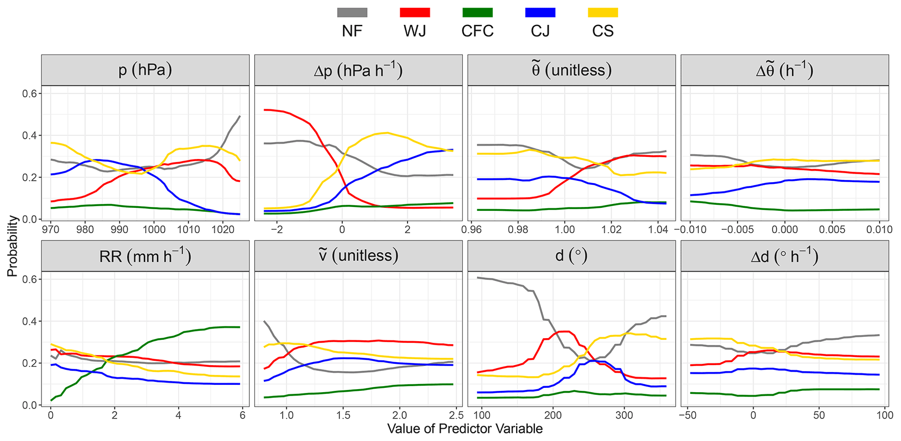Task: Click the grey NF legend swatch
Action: [x=352, y=13]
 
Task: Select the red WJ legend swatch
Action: [x=415, y=13]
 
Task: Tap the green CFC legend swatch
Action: [x=478, y=13]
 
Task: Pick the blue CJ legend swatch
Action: [x=541, y=13]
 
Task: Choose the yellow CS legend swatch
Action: [x=603, y=13]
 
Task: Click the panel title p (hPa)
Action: [x=145, y=70]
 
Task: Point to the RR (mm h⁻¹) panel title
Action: [x=145, y=256]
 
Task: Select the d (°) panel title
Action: [x=571, y=256]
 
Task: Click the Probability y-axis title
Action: [x=12, y=246]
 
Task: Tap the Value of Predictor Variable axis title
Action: [x=465, y=429]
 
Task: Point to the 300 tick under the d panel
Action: [x=624, y=415]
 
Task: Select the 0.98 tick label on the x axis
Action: [x=518, y=230]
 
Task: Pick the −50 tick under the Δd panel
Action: [x=687, y=415]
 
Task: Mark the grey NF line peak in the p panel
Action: [x=240, y=116]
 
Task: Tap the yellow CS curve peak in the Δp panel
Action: [x=387, y=132]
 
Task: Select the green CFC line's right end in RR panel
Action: [x=239, y=327]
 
